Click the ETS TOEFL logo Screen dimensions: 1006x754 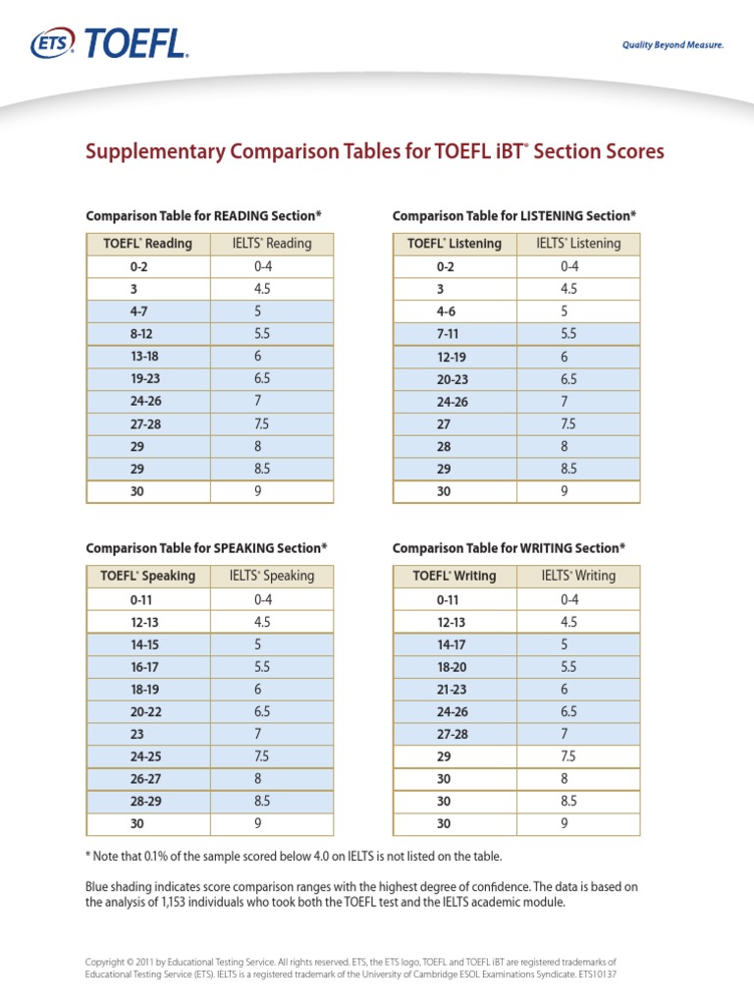click(108, 43)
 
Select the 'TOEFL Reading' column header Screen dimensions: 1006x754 click(148, 244)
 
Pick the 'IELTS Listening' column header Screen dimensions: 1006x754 click(578, 244)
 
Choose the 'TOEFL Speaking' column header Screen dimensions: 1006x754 click(149, 576)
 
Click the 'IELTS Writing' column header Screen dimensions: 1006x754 click(578, 576)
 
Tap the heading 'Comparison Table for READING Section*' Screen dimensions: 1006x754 click(203, 215)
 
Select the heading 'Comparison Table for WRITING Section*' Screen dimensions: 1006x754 click(509, 547)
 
